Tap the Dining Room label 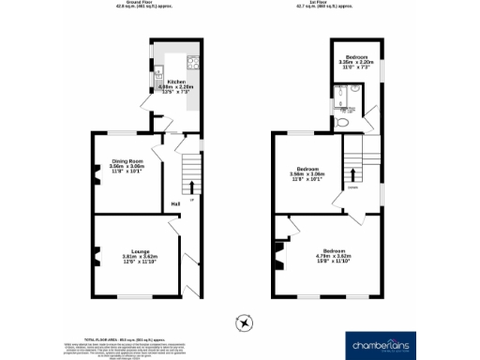coord(127,160)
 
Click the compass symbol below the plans coord(245,323)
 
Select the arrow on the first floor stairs coord(352,172)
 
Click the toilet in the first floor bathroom coord(342,122)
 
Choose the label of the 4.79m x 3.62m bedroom coord(334,251)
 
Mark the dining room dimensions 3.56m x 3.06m coord(127,168)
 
